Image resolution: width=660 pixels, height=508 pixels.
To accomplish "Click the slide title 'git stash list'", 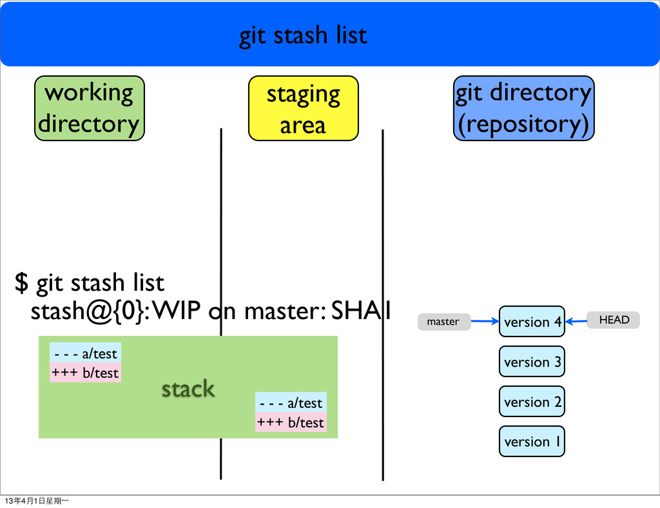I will click(x=303, y=35).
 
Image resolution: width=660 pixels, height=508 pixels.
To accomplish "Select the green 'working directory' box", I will click(x=89, y=108).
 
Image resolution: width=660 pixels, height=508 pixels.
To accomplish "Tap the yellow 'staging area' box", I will click(x=303, y=108).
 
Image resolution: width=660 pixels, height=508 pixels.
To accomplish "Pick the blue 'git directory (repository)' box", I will click(x=523, y=108).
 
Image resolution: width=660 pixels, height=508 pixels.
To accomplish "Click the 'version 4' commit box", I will click(x=532, y=322).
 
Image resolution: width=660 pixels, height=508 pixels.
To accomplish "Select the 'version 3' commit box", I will click(x=532, y=362).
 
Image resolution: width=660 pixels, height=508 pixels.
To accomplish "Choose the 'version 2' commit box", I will click(x=532, y=402).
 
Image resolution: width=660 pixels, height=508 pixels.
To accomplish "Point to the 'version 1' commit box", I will click(x=532, y=442).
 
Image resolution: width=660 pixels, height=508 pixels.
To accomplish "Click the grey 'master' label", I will click(x=443, y=321).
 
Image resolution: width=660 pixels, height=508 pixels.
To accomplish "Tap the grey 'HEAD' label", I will click(x=613, y=320).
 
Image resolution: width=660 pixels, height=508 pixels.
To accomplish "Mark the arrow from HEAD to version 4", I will click(x=576, y=320).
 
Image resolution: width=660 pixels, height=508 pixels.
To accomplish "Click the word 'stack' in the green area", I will click(x=188, y=389).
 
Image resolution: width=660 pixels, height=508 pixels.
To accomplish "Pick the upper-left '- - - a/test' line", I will click(x=86, y=353).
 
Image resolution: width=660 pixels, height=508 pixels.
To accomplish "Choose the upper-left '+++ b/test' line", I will click(x=86, y=373).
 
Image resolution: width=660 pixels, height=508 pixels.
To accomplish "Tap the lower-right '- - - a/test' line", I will click(x=291, y=403).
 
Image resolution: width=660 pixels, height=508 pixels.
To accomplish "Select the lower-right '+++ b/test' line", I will click(x=291, y=422).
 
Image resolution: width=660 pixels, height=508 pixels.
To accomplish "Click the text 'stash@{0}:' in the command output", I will click(x=91, y=312).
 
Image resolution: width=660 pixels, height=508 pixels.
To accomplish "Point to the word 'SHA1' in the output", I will click(x=360, y=312).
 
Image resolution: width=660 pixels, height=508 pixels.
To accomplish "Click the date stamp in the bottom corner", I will click(x=37, y=501).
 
